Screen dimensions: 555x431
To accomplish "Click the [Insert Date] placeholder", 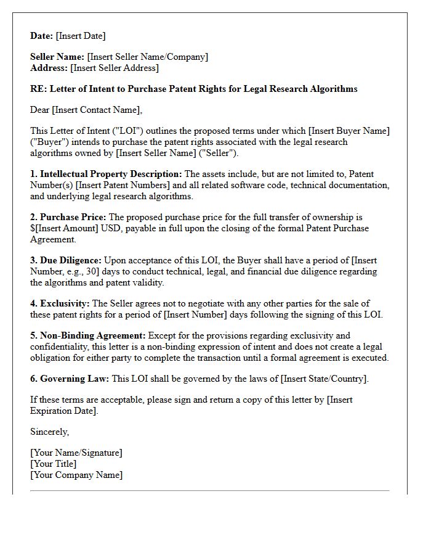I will [x=81, y=36].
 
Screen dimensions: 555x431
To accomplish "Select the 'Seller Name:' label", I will [x=57, y=57].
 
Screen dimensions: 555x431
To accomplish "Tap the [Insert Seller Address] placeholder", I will [x=115, y=68].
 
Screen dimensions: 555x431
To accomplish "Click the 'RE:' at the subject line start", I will [x=38, y=89].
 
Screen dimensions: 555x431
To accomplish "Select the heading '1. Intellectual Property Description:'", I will [x=106, y=175].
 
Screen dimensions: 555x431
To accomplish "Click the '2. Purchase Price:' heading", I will [x=68, y=217].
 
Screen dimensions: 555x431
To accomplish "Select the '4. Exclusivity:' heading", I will [x=60, y=303].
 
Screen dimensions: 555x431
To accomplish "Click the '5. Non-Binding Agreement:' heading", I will [x=88, y=335].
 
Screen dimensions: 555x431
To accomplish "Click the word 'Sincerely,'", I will [x=50, y=432].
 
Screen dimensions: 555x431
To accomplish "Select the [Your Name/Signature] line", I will [x=76, y=453].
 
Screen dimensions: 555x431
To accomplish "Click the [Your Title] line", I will [x=54, y=464].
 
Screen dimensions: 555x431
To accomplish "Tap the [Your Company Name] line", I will [x=76, y=475].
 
